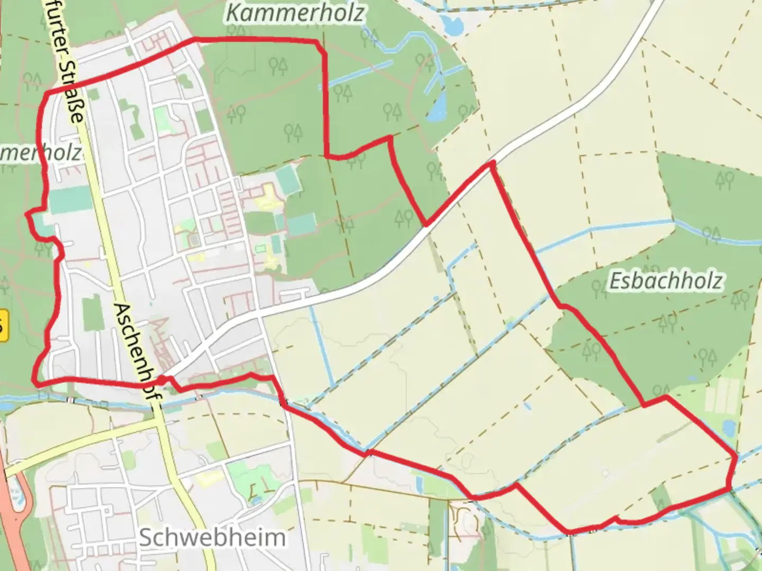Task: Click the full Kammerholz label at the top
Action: coord(295,13)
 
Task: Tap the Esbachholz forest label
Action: coord(666,281)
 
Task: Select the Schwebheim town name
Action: coord(212,538)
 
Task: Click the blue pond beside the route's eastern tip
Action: coord(729,427)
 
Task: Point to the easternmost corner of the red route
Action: coord(735,456)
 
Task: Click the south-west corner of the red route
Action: coord(35,381)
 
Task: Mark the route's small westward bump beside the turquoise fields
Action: coord(29,214)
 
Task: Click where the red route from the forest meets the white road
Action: coord(425,225)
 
